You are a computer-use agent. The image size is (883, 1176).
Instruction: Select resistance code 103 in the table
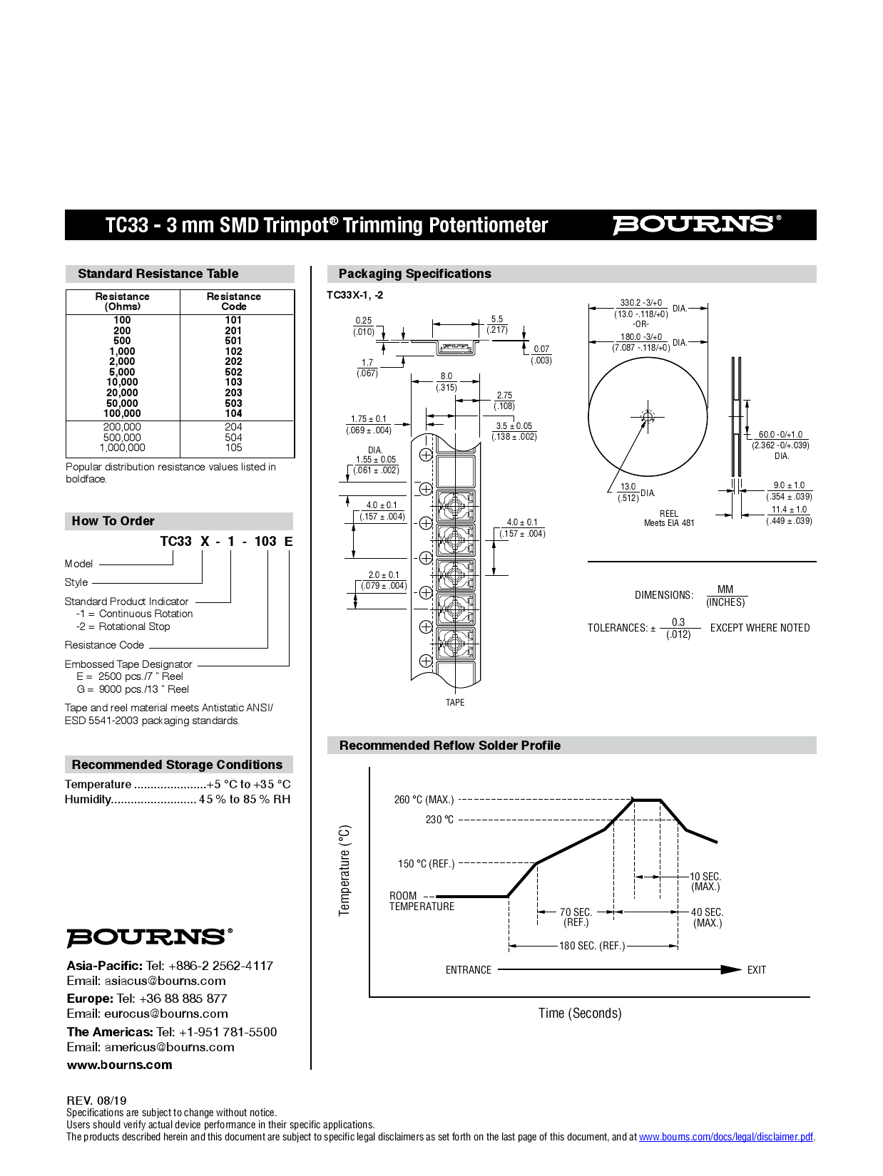233,382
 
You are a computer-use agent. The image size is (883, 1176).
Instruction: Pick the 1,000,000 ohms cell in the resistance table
122,448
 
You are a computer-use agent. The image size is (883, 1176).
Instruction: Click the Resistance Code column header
233,301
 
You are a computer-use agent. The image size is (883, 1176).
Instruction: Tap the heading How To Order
113,521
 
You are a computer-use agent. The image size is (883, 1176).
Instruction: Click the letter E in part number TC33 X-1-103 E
288,542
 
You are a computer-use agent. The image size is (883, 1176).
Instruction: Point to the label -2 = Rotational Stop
123,626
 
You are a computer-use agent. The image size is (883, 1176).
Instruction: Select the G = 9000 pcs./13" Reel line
133,689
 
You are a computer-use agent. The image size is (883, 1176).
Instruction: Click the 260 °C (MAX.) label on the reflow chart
424,800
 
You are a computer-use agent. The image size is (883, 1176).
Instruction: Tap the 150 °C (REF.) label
426,864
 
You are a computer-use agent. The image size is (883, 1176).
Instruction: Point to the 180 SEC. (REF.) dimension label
592,946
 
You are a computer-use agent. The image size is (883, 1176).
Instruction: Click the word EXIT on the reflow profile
756,970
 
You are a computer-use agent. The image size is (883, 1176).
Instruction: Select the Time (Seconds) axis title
580,1013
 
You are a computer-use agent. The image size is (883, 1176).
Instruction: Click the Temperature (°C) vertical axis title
345,870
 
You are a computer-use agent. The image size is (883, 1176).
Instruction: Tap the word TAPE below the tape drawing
455,703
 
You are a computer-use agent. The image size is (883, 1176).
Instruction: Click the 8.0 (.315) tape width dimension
446,382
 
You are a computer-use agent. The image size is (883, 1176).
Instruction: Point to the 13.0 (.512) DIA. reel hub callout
631,492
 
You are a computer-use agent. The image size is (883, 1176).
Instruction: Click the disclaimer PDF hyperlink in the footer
725,1137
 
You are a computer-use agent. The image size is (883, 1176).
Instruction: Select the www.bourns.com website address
120,1065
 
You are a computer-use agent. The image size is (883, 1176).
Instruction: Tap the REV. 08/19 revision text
96,1100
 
